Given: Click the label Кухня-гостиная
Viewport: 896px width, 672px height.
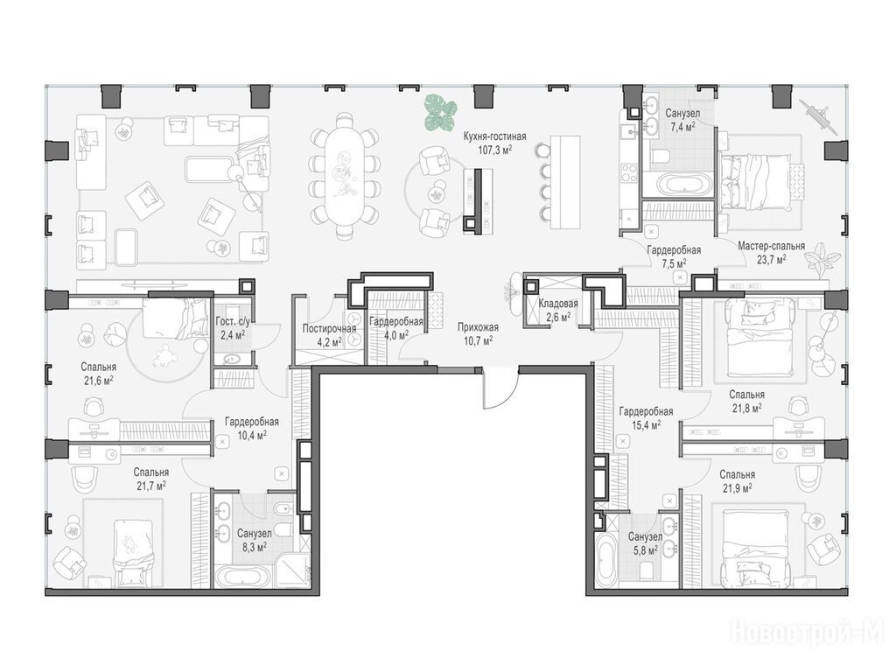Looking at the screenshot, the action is (x=495, y=137).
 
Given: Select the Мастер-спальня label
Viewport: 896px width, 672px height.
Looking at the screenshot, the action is (x=771, y=246).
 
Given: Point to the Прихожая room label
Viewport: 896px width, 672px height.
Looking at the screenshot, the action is (x=479, y=327).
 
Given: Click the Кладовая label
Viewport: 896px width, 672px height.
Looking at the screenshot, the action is (x=558, y=304).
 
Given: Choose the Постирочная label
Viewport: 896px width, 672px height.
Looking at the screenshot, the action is (x=329, y=329).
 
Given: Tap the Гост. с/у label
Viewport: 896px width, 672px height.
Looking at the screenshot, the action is (x=233, y=322).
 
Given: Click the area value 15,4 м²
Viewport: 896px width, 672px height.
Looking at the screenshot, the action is (x=646, y=424).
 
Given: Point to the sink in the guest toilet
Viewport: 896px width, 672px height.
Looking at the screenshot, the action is (x=233, y=360).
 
